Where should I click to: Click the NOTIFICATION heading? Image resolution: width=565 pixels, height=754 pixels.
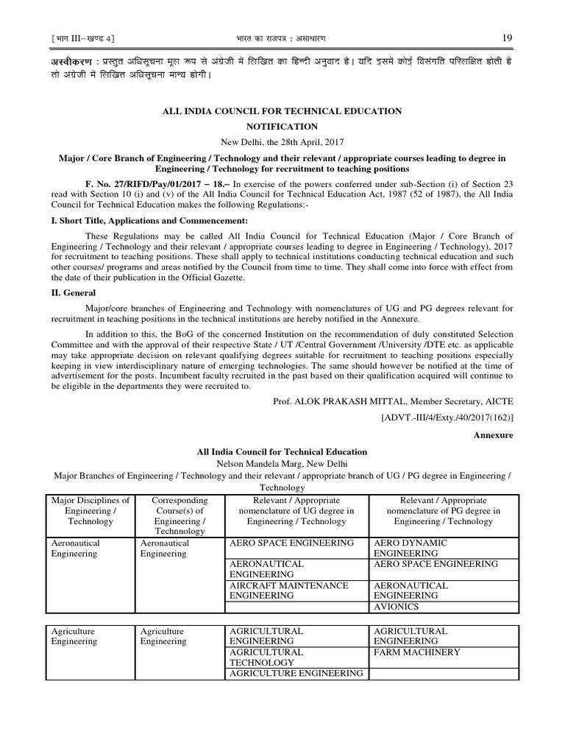pos(282,127)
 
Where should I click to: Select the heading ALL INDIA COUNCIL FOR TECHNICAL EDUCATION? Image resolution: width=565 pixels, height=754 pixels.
pos(282,111)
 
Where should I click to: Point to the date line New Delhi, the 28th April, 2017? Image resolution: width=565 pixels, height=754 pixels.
pos(282,141)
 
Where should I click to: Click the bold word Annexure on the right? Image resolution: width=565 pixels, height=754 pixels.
pos(493,435)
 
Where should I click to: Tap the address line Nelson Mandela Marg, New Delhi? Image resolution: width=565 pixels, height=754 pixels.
pos(282,464)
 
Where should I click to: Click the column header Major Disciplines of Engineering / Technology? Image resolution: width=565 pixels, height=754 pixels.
pos(91,510)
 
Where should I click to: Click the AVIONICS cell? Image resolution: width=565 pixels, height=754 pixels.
pos(397,607)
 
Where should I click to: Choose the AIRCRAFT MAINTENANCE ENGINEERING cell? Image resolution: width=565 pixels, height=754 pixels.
pos(289,590)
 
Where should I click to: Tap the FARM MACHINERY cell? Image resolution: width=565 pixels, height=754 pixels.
pos(417,652)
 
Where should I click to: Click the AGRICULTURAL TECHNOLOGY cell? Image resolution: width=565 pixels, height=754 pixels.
pos(266,657)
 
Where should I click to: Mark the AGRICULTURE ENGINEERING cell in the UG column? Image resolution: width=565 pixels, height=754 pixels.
pos(296,673)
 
